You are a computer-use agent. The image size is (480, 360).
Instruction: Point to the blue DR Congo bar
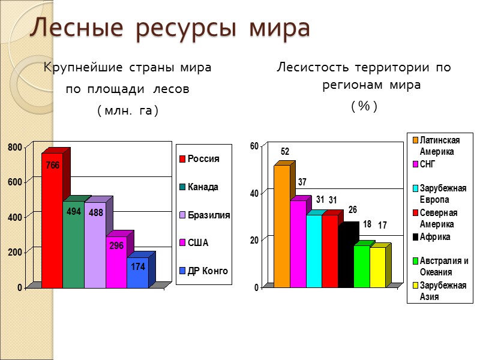(x=137, y=273)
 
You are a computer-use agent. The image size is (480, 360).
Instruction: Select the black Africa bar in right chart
(x=346, y=258)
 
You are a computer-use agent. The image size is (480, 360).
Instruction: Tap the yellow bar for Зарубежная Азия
(x=377, y=268)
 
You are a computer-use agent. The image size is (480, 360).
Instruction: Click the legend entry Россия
(x=203, y=159)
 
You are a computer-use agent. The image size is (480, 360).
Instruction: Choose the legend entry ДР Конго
(x=208, y=271)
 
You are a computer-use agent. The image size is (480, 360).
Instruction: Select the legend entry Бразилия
(x=209, y=215)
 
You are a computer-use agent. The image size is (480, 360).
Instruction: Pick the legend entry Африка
(x=435, y=237)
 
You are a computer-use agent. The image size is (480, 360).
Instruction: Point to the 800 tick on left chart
(x=15, y=147)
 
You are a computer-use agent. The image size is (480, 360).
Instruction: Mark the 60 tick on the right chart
(x=254, y=146)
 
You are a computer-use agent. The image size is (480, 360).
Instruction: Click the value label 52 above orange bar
(x=286, y=152)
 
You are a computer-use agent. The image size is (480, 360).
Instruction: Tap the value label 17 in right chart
(x=382, y=226)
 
